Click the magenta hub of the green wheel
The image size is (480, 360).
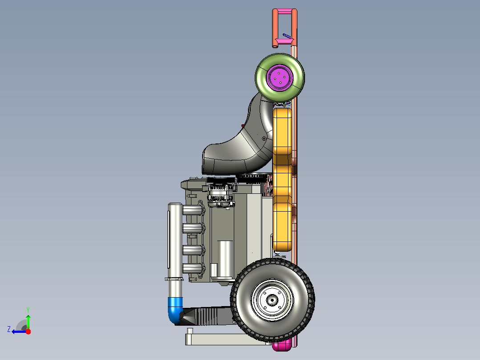[x=280, y=77]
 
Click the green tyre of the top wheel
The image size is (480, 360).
[x=260, y=78]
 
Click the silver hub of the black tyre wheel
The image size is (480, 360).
[x=272, y=300]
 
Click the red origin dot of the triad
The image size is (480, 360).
[x=28, y=331]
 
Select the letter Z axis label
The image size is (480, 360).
[x=9, y=329]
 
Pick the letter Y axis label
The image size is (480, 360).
[x=28, y=310]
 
